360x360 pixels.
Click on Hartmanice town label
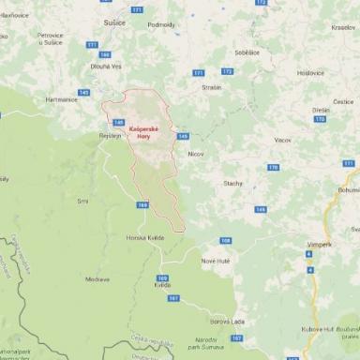(x=60, y=99)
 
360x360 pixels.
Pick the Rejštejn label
(x=111, y=136)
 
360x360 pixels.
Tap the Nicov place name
(x=195, y=153)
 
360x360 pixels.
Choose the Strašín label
(x=211, y=87)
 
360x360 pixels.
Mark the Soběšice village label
(x=246, y=53)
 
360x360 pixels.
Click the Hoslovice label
(x=310, y=73)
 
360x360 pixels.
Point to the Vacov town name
(x=282, y=140)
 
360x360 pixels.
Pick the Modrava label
(x=97, y=278)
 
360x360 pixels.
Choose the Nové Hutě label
(x=215, y=260)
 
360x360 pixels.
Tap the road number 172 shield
(x=227, y=71)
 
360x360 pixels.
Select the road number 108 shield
(x=225, y=240)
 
